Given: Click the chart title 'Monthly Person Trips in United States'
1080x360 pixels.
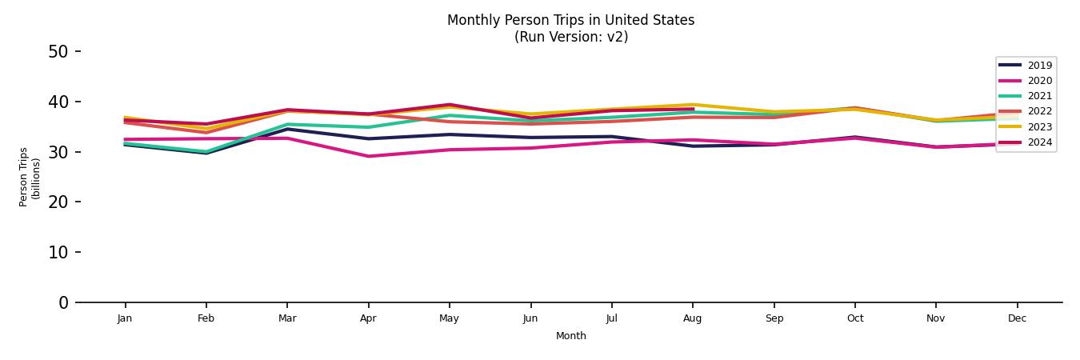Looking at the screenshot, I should tap(570, 20).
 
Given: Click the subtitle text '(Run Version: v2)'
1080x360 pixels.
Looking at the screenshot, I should tap(570, 37).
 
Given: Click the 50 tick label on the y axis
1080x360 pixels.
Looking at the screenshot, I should tap(58, 52).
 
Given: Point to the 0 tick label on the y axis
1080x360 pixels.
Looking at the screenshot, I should tap(63, 302).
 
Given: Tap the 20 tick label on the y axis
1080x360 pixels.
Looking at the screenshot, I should tap(58, 202).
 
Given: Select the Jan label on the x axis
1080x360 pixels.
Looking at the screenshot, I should tap(125, 318).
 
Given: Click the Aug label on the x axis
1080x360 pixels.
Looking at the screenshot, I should tap(692, 318).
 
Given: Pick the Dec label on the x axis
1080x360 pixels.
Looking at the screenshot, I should tap(1017, 318).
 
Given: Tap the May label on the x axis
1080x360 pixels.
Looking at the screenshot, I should tap(449, 318).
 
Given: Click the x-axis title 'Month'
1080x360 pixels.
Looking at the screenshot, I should tap(570, 336).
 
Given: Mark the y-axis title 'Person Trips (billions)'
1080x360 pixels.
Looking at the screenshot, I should tap(30, 177).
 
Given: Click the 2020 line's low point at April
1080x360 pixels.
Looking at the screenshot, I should tap(368, 156).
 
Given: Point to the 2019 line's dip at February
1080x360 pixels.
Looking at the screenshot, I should tap(206, 153).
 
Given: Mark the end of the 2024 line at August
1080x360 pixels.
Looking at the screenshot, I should tap(693, 109).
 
